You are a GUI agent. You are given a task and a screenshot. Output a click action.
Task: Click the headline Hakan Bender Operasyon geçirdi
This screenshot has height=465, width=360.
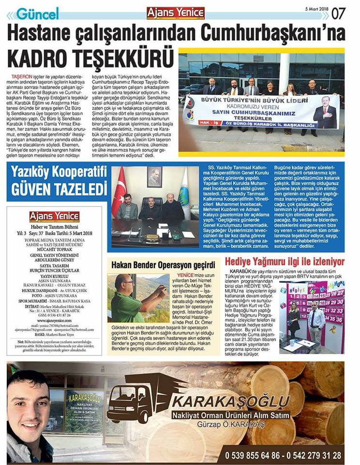[163, 265]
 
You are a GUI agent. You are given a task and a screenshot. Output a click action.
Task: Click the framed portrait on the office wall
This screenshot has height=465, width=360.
[154, 177]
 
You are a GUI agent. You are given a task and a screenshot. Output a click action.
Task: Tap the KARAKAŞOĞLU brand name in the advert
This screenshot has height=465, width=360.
[232, 402]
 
